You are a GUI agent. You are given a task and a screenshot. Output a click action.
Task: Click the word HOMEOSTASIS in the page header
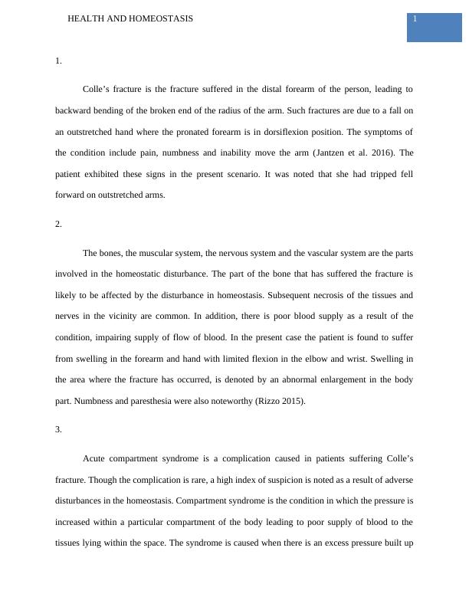pyautogui.click(x=160, y=18)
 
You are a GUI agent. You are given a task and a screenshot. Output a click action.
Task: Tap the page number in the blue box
pyautogui.click(x=415, y=18)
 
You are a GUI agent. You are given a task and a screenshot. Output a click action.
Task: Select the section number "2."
pyautogui.click(x=59, y=224)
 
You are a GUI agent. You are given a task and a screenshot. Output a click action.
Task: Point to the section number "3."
pyautogui.click(x=59, y=429)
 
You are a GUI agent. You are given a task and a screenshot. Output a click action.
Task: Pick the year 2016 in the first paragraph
pyautogui.click(x=382, y=153)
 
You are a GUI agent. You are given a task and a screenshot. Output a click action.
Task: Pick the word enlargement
pyautogui.click(x=330, y=379)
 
